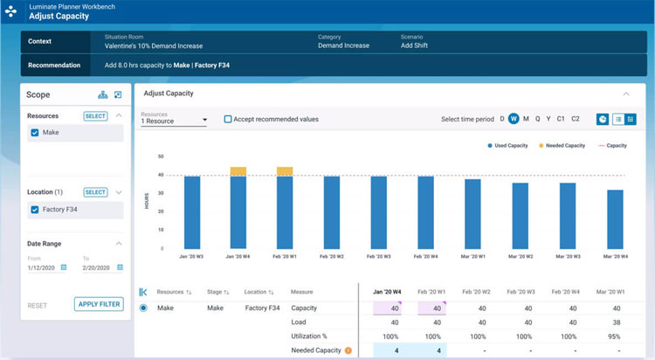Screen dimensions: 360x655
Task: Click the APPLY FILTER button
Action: click(99, 305)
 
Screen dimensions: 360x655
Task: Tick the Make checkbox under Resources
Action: click(35, 133)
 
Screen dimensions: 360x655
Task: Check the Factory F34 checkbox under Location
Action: click(35, 210)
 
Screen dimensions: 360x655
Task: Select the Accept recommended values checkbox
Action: click(228, 119)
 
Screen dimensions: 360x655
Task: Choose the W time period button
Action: click(514, 119)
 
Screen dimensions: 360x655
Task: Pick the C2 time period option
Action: click(575, 119)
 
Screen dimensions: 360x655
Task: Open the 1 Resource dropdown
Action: click(174, 120)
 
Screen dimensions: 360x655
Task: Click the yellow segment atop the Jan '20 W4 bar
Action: click(238, 171)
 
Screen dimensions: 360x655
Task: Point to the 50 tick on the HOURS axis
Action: click(161, 156)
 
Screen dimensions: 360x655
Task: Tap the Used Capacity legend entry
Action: click(507, 145)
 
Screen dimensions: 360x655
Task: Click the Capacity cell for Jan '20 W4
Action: click(386, 308)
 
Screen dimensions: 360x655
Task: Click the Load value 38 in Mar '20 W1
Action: click(616, 322)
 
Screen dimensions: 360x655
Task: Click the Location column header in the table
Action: click(259, 292)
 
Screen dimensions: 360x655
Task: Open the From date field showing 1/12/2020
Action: click(46, 267)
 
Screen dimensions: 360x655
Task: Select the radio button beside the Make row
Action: click(143, 308)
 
